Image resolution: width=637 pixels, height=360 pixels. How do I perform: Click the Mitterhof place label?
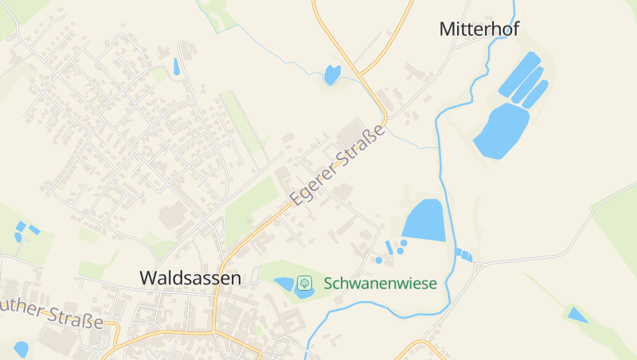[x=479, y=29]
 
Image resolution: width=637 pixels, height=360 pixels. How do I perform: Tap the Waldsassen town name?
[x=190, y=278]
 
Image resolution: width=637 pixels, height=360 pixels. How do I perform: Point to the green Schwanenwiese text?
[x=380, y=283]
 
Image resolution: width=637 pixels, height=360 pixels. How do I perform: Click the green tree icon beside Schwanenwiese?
[x=304, y=283]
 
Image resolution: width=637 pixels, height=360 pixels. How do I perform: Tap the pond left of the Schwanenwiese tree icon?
[x=285, y=283]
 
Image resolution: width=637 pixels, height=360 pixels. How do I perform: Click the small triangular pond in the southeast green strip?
[x=577, y=315]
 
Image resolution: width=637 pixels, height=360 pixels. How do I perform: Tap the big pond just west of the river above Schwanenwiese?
[x=424, y=220]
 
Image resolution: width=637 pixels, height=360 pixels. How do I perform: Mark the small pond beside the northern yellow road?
[x=332, y=75]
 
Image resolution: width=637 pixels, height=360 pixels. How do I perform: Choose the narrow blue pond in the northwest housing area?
[x=176, y=67]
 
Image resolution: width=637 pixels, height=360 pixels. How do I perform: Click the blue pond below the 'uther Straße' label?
[x=21, y=349]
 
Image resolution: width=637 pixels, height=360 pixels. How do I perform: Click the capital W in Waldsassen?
[x=148, y=278]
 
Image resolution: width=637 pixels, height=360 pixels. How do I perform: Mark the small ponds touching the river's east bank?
[x=463, y=255]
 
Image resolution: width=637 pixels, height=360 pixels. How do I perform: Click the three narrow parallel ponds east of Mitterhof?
[x=528, y=84]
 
